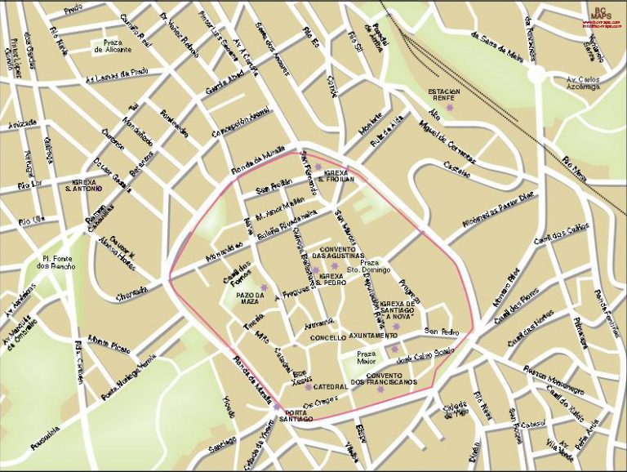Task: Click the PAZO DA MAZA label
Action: [x=251, y=298]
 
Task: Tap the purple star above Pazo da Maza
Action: [x=264, y=286]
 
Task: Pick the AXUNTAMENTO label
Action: [x=374, y=336]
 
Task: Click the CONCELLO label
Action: [x=328, y=336]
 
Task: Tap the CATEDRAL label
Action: [x=331, y=386]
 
